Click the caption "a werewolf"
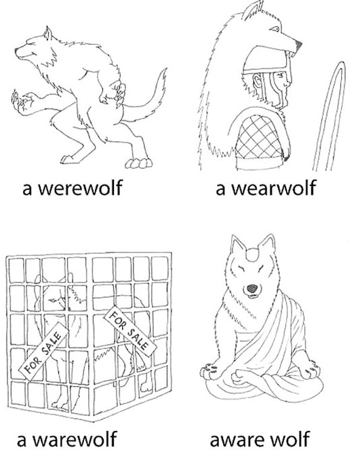[x=72, y=188]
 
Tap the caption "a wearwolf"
[x=266, y=188]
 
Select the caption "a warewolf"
[x=66, y=439]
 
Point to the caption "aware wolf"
[x=260, y=439]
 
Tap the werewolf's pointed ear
[x=47, y=33]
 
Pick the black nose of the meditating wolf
[x=252, y=289]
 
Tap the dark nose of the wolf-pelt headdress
[x=298, y=45]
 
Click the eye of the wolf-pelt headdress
[x=275, y=28]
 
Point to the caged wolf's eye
[x=53, y=300]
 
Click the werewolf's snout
[x=24, y=53]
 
